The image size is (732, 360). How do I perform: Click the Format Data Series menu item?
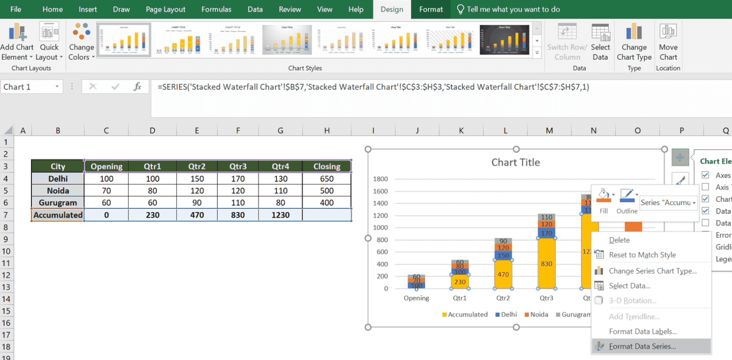[642, 347]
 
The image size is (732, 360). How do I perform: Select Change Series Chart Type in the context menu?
[652, 271]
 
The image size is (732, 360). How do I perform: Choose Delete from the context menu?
[619, 240]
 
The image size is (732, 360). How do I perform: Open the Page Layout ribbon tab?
[165, 9]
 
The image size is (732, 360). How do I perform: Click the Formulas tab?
[216, 9]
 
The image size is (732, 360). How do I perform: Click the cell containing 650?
[326, 179]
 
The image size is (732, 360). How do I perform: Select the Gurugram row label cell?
[58, 203]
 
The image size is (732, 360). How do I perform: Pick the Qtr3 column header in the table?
[237, 166]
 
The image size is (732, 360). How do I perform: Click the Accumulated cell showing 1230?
[281, 215]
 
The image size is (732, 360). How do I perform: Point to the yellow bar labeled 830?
[546, 264]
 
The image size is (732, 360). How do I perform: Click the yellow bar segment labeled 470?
[503, 274]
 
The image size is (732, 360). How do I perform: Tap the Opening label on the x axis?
[416, 298]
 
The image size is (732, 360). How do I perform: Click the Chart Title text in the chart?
[516, 163]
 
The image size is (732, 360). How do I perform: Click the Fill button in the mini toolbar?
[604, 201]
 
